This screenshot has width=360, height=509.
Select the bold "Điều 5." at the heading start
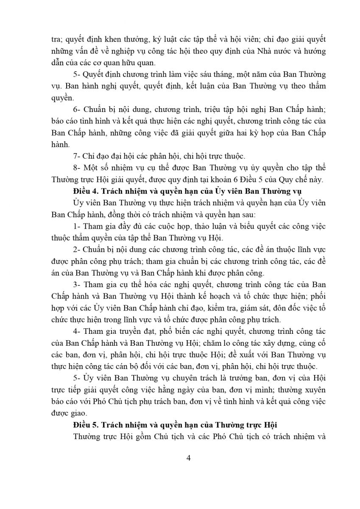(85, 425)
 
